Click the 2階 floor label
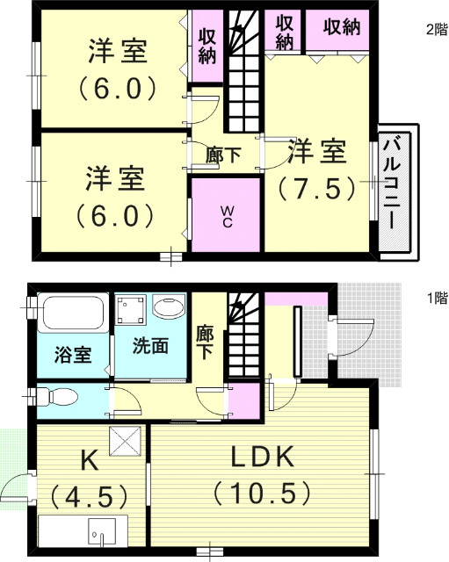(x=435, y=29)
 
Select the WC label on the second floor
(x=226, y=216)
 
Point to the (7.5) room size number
(x=316, y=188)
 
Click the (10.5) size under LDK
(x=261, y=493)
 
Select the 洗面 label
(x=152, y=346)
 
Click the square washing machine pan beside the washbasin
(x=131, y=310)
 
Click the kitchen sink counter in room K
(x=83, y=530)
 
